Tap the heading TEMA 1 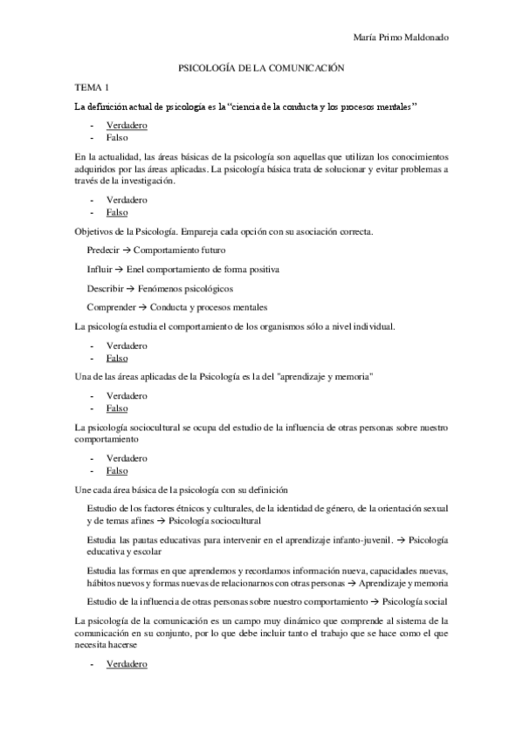tap(93, 87)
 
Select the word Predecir tap(103, 250)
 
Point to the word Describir tap(105, 288)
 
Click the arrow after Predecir tap(127, 250)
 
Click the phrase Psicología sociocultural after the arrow tap(218, 521)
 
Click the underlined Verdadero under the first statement tap(126, 126)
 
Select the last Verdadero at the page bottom tap(126, 666)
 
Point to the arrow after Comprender tap(143, 307)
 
